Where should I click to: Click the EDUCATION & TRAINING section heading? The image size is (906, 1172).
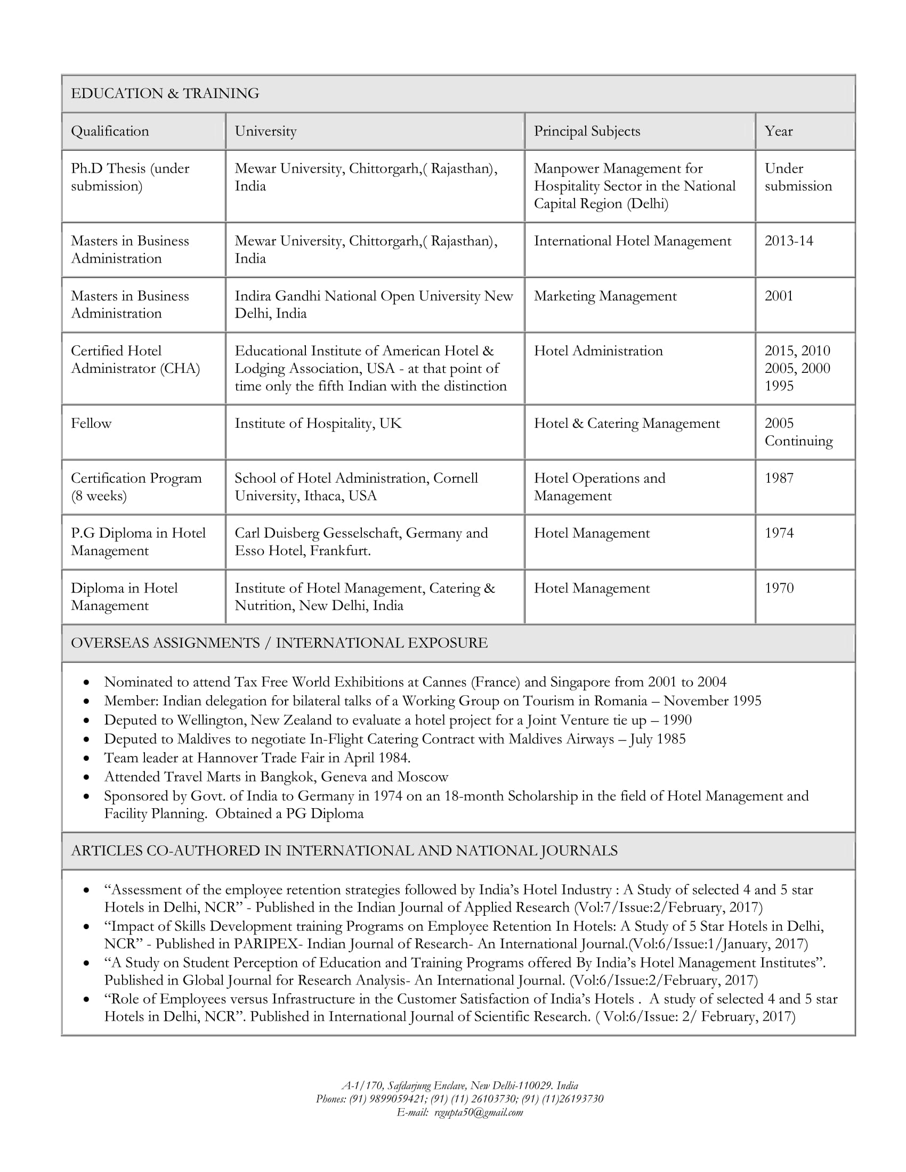point(165,93)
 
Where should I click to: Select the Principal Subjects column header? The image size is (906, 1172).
point(587,131)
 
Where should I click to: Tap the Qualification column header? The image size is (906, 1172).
point(110,131)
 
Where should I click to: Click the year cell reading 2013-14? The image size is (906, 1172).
point(788,241)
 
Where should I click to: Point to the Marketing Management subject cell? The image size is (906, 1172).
point(605,296)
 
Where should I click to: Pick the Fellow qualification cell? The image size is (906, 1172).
point(91,424)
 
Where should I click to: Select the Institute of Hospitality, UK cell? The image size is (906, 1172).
point(318,424)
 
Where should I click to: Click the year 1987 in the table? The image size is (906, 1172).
point(779,478)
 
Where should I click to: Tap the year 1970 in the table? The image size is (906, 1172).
point(779,588)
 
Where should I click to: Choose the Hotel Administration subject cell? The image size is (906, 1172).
point(598,351)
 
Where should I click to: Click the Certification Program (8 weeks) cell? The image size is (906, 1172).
point(136,487)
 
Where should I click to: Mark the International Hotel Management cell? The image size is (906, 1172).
point(632,241)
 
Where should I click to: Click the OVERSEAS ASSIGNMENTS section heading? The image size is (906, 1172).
point(279,643)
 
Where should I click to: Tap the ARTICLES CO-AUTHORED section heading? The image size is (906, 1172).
point(344,851)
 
